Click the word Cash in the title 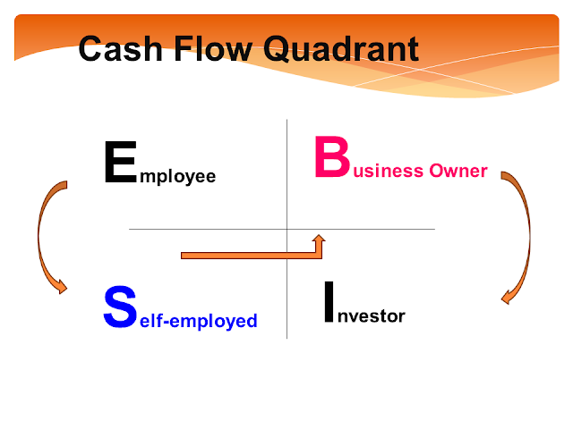coord(120,48)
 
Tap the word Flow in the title coord(213,48)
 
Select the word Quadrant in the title coord(341,48)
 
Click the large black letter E coord(120,162)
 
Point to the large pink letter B coord(332,156)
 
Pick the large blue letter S coord(120,307)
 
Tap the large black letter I coord(329,302)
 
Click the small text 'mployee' coord(178,177)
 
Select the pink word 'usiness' coord(388,171)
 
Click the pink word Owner coord(458,171)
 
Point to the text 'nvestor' coord(372,315)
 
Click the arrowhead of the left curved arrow coord(61,286)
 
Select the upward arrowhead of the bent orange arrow coord(319,239)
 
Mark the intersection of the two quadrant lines coord(286,229)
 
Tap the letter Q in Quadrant coord(277,49)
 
